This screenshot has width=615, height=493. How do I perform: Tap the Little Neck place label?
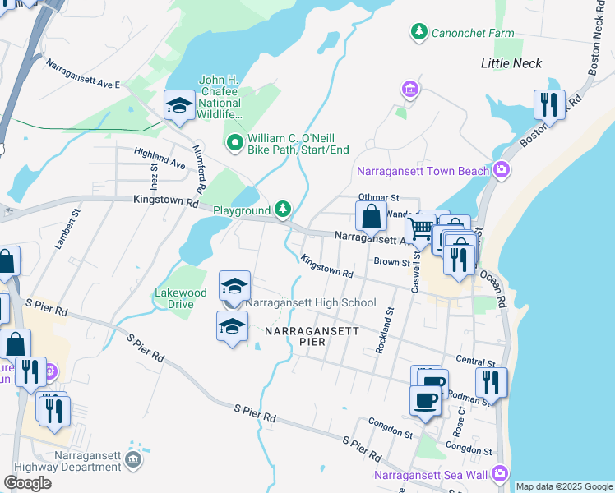(511, 63)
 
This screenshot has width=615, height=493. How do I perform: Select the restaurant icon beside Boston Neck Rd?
(548, 104)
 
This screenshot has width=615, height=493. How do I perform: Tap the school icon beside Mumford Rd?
(178, 106)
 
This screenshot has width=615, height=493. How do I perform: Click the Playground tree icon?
(283, 210)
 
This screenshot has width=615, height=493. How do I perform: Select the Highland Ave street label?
(160, 159)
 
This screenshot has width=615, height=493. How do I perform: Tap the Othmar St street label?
(378, 198)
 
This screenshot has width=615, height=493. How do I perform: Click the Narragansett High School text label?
(311, 303)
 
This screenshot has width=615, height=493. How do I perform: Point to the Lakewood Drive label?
(181, 297)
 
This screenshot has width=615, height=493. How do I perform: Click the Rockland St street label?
(384, 331)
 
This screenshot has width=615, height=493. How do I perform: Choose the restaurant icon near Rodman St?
(490, 382)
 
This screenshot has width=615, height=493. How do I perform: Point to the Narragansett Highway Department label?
(88, 461)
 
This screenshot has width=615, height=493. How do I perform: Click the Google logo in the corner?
(28, 483)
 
